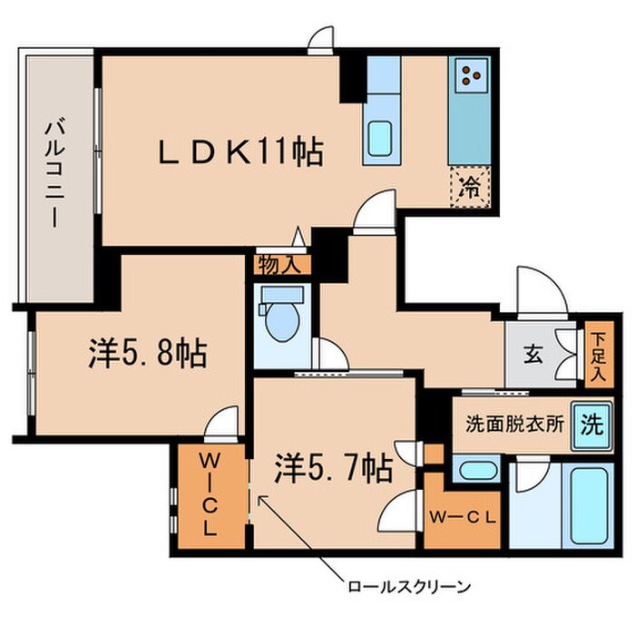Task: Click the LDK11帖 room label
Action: (x=240, y=152)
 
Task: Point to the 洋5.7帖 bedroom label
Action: (x=334, y=467)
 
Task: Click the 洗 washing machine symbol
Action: (x=591, y=424)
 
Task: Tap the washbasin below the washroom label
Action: (x=474, y=470)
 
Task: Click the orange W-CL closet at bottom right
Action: (x=461, y=519)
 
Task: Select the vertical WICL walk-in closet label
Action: (x=209, y=494)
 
